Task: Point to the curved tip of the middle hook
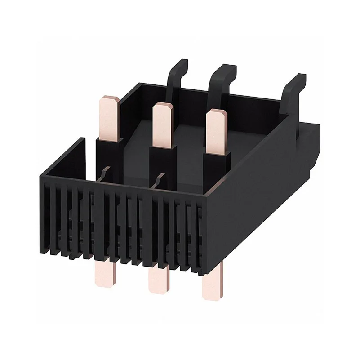(227, 68)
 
